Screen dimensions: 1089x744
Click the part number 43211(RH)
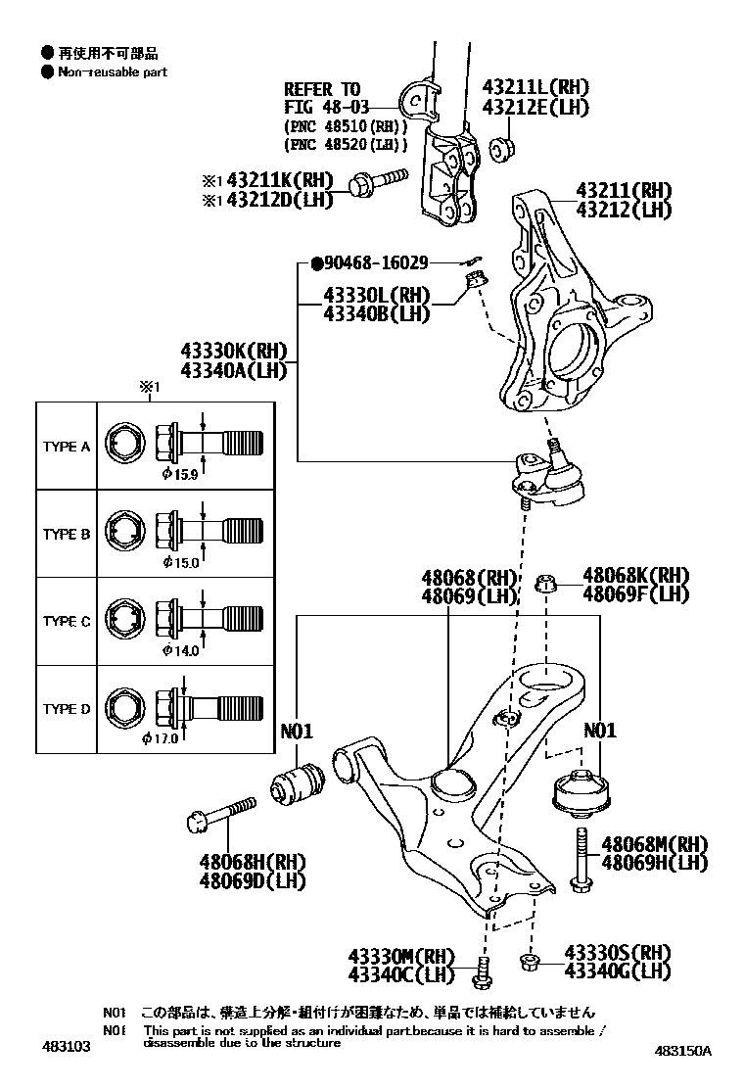tap(624, 190)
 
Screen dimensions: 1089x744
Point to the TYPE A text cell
tap(67, 447)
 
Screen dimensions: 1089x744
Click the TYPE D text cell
tap(67, 709)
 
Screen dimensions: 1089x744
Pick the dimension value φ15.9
tap(181, 474)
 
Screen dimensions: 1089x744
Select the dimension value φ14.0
tap(181, 649)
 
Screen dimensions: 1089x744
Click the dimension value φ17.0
tap(161, 737)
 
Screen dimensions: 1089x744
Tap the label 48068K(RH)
tap(635, 576)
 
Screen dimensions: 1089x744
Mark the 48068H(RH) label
tap(253, 862)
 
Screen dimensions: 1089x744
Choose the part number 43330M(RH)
tap(401, 956)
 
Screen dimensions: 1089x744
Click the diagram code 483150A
tap(683, 1051)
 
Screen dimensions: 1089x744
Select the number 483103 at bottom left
tap(67, 1047)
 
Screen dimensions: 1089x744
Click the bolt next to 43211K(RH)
tap(376, 181)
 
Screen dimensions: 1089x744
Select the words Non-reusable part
tap(113, 71)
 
